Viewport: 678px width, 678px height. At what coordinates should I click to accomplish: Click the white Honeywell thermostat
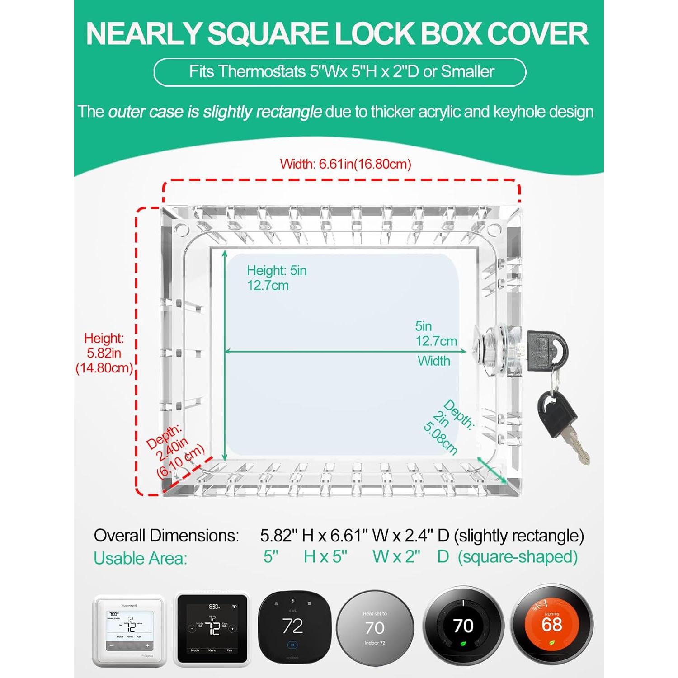pos(128,630)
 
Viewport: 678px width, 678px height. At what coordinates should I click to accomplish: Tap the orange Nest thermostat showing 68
pos(552,626)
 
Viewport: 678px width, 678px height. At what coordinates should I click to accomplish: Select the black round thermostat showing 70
pos(463,626)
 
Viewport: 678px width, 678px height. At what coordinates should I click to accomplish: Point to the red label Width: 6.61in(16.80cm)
pos(345,164)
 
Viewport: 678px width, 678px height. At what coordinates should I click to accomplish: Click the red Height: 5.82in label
pos(104,353)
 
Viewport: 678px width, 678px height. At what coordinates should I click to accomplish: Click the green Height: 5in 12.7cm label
pos(276,278)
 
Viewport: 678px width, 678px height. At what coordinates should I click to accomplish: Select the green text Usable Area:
pos(140,558)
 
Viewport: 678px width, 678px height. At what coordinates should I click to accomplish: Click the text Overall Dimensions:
pos(166,536)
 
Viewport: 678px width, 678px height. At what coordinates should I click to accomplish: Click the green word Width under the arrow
pos(433,361)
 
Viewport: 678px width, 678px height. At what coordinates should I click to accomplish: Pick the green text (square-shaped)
pos(518,556)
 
